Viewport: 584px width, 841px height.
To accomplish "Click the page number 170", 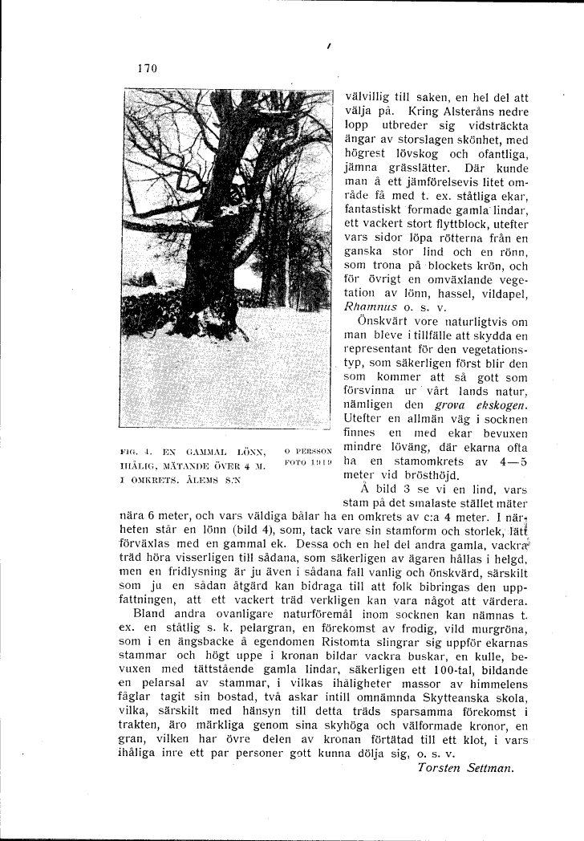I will click(147, 69).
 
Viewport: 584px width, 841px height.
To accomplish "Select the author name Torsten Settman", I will click(465, 767).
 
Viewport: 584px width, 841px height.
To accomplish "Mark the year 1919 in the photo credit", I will click(319, 463).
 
